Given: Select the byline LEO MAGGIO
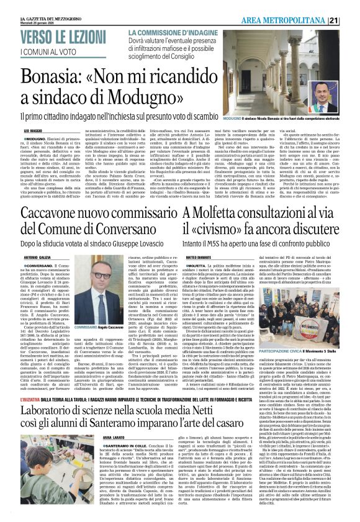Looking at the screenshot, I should pos(33,132).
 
